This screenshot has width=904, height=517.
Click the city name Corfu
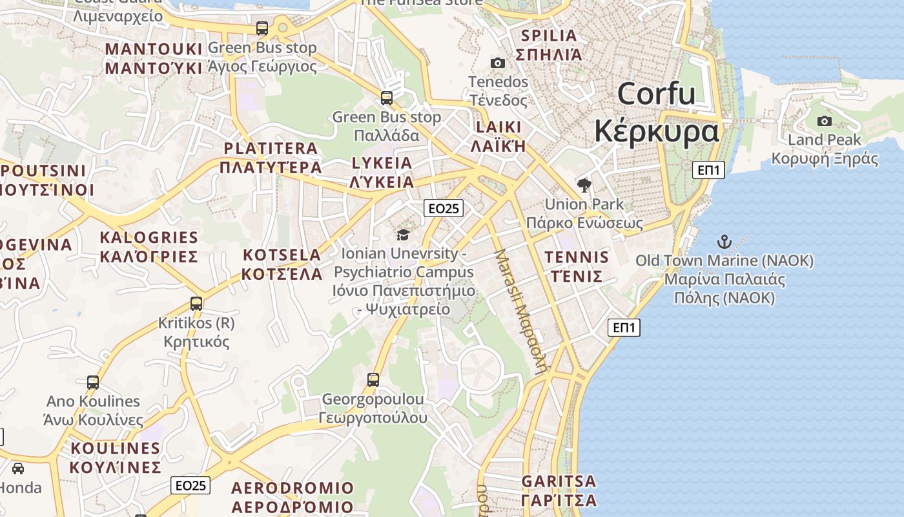pyautogui.click(x=656, y=94)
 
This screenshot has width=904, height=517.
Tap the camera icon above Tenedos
pyautogui.click(x=497, y=63)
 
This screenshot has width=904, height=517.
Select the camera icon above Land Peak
pyautogui.click(x=824, y=121)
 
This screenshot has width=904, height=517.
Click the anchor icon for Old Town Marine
pyautogui.click(x=724, y=242)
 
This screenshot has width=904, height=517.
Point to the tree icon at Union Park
pyautogui.click(x=584, y=186)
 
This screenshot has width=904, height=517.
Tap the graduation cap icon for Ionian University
pyautogui.click(x=403, y=235)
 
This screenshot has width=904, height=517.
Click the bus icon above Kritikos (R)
pyautogui.click(x=196, y=303)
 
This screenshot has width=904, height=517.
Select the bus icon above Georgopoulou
pyautogui.click(x=373, y=379)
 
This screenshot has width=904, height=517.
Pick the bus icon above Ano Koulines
pyautogui.click(x=93, y=383)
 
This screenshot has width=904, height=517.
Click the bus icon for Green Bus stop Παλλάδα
pyautogui.click(x=386, y=98)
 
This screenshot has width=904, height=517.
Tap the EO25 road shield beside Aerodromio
pyautogui.click(x=190, y=485)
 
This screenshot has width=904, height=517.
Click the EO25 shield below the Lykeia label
pyautogui.click(x=444, y=208)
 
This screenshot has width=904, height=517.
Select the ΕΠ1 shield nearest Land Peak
pyautogui.click(x=708, y=170)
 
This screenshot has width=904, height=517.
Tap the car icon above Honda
pyautogui.click(x=18, y=469)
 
